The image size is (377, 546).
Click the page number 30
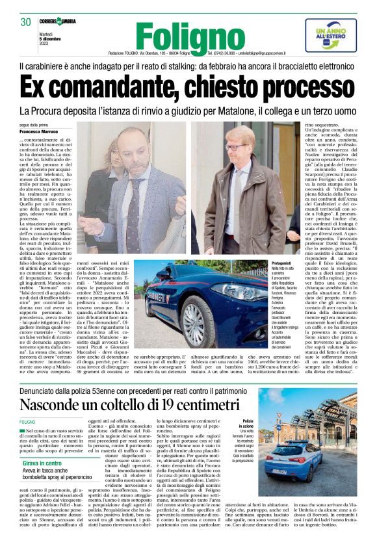pos(26,22)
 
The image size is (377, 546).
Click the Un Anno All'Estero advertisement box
pos(331,35)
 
